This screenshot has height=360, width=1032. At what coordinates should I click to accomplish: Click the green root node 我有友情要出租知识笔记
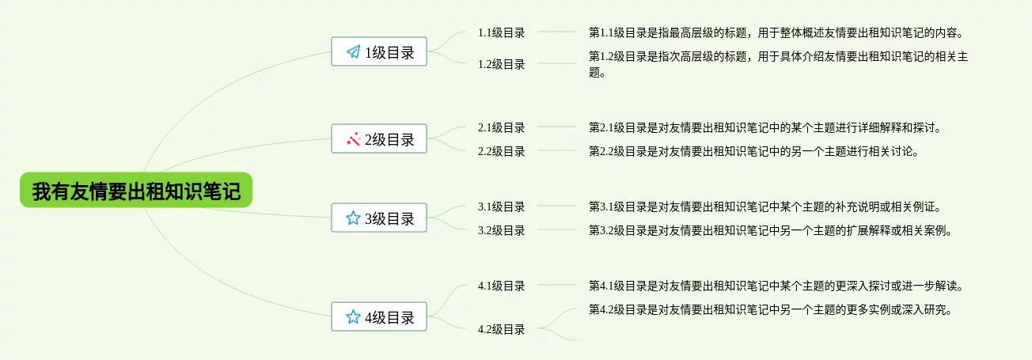135,191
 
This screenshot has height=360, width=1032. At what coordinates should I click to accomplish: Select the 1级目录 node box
379,52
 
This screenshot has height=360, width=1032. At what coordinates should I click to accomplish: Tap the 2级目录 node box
379,139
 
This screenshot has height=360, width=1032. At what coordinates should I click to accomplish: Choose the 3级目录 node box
379,218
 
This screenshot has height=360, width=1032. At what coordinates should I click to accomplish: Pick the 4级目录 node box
379,317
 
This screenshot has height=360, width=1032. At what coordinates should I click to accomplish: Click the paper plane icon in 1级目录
353,52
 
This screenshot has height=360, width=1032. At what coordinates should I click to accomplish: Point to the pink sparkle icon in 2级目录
353,139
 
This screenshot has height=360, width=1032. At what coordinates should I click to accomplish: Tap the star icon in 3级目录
353,218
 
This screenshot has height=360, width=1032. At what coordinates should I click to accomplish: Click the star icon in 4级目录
353,317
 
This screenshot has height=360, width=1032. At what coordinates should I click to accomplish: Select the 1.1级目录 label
501,32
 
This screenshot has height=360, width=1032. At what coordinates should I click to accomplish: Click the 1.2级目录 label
501,64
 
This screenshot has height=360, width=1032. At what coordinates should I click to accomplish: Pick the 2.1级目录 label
501,127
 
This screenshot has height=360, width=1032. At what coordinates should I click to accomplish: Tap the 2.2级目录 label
501,151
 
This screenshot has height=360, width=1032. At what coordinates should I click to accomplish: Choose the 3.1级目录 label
501,207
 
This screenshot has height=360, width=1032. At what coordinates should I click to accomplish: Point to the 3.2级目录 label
501,230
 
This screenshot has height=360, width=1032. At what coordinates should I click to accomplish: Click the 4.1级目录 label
501,286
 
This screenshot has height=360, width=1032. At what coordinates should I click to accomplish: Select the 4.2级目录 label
501,329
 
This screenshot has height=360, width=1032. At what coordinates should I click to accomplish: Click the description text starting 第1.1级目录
775,32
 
